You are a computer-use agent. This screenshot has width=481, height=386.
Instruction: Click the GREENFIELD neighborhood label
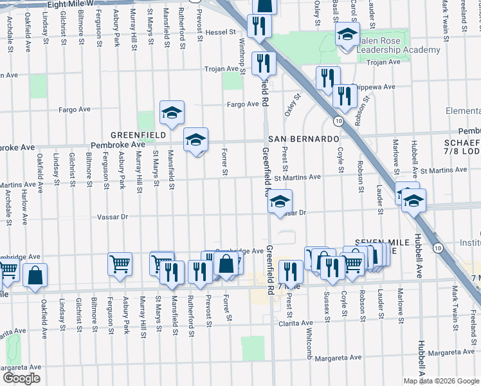pos(139,135)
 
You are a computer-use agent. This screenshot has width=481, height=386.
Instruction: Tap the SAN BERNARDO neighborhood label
pos(304,139)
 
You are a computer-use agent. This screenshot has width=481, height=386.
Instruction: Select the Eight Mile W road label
pos(70,4)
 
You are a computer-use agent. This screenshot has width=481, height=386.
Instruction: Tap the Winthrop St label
pos(242,54)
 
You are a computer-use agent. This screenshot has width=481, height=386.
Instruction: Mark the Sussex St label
pos(327,300)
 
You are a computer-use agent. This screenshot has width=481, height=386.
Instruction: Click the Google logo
pos(21,378)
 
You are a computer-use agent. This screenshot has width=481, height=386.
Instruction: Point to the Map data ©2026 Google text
pos(441,381)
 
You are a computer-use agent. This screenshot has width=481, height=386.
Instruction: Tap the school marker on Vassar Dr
pos(280,202)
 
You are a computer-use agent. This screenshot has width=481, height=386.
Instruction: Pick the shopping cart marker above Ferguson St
pos(120,264)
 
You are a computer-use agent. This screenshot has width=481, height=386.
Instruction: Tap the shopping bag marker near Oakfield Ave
pos(35,275)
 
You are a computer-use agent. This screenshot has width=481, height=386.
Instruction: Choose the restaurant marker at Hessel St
pos(260,26)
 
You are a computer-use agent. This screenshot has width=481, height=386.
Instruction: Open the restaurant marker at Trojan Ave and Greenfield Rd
pos(264,63)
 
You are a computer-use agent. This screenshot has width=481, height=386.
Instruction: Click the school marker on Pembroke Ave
pos(196,139)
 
